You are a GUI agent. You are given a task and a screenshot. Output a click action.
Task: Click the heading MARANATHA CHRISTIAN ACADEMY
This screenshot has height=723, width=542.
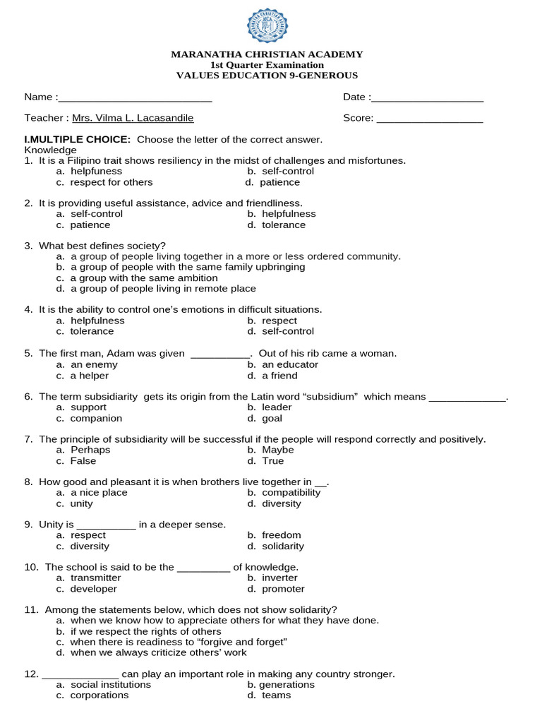(x=267, y=54)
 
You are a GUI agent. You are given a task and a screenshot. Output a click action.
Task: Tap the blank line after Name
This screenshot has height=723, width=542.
(x=135, y=98)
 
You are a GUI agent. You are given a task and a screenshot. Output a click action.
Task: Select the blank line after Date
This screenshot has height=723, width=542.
(x=428, y=98)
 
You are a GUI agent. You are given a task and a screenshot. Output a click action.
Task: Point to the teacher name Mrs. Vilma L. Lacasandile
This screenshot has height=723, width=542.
(x=133, y=119)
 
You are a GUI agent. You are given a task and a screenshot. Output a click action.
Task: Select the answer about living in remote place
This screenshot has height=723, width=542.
(x=162, y=289)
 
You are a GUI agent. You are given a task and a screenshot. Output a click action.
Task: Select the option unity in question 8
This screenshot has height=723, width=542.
(x=81, y=504)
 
